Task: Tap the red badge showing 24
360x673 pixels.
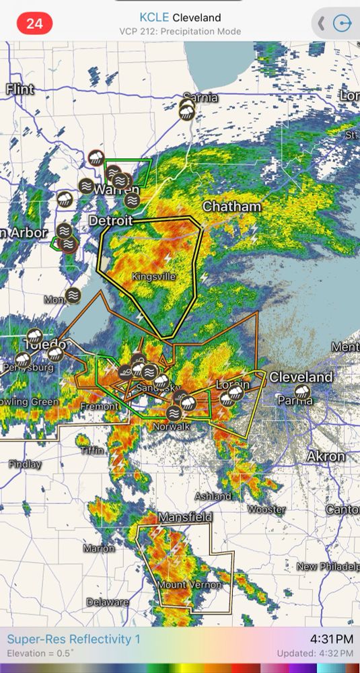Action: point(34,24)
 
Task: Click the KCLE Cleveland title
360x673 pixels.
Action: point(180,17)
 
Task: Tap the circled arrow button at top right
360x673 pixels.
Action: point(343,24)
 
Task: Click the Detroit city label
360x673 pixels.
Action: point(111,220)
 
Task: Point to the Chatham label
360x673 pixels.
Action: point(231,207)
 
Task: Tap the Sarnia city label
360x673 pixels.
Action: point(200,98)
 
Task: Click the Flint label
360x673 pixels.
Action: point(20,89)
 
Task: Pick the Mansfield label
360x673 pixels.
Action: point(185,517)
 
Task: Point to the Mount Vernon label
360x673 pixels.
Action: point(189,585)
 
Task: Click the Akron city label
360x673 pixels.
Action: point(326,456)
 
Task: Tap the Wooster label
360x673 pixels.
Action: point(266,509)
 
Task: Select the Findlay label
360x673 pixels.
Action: point(25,464)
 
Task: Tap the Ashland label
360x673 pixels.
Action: point(213,496)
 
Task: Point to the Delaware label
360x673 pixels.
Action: point(107,602)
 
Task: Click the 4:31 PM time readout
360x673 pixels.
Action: point(331,639)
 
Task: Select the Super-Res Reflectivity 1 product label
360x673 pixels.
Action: point(74,639)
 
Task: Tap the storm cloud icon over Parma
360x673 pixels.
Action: point(303,392)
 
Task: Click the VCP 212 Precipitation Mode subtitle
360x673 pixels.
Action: point(180,31)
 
